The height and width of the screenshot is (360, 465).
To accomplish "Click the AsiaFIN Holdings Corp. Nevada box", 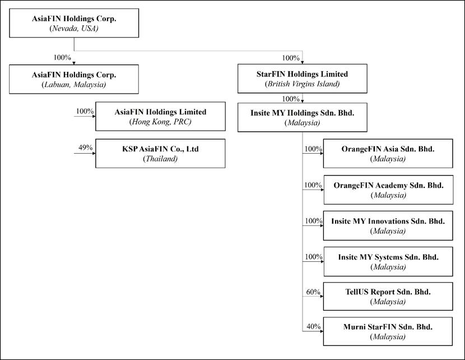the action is click(x=74, y=23).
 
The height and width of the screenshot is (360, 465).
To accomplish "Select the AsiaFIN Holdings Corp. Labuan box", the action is click(x=74, y=79).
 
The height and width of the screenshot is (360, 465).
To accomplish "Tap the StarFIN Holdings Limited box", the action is click(x=302, y=79).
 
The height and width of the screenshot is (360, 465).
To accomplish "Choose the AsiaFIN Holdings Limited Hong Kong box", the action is click(x=160, y=116).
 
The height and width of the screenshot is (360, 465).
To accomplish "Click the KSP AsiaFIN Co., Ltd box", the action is click(x=160, y=154).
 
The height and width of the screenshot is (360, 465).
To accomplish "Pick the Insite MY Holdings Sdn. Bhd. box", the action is click(x=302, y=117).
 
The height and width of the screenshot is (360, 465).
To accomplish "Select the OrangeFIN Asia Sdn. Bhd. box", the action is click(x=388, y=154).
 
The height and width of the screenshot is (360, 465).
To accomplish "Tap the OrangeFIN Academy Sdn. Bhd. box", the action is click(x=388, y=190).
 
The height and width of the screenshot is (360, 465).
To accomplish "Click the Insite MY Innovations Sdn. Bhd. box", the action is click(x=388, y=225).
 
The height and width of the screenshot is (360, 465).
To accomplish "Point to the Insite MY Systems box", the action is click(x=388, y=261).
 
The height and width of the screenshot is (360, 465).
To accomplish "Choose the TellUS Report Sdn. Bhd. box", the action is click(x=388, y=297).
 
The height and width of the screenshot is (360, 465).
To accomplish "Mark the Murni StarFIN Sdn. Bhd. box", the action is click(x=388, y=331).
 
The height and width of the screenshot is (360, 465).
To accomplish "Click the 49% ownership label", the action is click(x=85, y=147).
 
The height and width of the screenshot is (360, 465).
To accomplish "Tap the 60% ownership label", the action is click(x=313, y=292).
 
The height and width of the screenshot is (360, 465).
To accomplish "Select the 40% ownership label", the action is click(x=314, y=327).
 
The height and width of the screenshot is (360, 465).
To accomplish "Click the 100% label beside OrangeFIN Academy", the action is click(x=313, y=185).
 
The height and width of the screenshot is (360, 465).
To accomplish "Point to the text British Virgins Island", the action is click(x=302, y=84).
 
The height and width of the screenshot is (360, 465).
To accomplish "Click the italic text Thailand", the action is click(x=160, y=159).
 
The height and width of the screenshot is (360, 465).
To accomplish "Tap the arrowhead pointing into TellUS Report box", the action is click(x=322, y=297).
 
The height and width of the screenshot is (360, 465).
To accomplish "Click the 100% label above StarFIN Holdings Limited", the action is click(x=291, y=58).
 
